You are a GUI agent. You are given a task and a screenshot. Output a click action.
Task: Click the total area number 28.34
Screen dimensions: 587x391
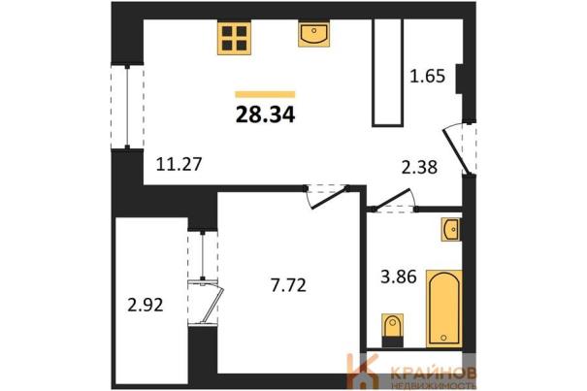point(266,114)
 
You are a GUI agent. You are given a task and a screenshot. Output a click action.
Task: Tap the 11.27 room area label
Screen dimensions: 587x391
point(179,164)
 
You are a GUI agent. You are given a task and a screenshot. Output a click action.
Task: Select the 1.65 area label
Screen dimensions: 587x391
point(428,76)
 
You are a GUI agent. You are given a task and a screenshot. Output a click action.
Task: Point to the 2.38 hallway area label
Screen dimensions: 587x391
point(419,167)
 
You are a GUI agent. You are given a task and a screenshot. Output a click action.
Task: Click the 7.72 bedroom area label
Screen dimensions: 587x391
point(288,285)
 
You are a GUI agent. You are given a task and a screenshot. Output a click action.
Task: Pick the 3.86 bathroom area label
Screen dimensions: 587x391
point(399,277)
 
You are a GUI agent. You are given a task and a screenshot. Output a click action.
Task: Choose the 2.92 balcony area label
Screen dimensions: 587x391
point(146,305)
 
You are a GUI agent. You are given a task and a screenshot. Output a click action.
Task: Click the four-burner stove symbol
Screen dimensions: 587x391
point(234,38)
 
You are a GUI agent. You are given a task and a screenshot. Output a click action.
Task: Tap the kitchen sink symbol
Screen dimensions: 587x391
point(314,34)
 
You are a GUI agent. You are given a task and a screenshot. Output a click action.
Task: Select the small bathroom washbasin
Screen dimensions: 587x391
point(451,229)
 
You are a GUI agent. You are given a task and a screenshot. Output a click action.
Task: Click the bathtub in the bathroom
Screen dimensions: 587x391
point(444,309)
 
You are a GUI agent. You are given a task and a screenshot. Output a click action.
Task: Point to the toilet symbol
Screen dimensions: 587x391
point(392,330)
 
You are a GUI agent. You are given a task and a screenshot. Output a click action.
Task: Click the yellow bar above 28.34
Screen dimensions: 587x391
point(265,94)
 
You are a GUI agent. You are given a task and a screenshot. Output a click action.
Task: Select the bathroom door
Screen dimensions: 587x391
point(395,201)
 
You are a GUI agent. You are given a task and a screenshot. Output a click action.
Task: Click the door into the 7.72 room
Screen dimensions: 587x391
point(326,197)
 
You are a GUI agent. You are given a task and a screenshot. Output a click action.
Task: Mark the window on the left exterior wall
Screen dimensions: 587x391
point(127,107)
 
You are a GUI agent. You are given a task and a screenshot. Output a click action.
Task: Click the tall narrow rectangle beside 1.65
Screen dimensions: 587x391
point(387,73)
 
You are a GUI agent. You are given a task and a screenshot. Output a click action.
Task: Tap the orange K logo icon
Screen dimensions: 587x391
point(362,372)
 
